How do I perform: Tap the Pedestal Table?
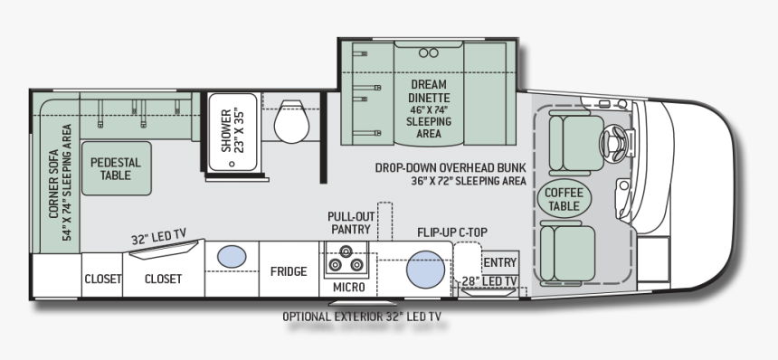coord(116,168)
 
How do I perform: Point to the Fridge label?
coord(289,271)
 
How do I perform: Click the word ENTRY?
coord(499,262)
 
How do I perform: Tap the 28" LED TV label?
coord(489,281)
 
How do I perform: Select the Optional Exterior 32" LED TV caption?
coord(366,317)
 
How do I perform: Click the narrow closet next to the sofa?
coord(102,279)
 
